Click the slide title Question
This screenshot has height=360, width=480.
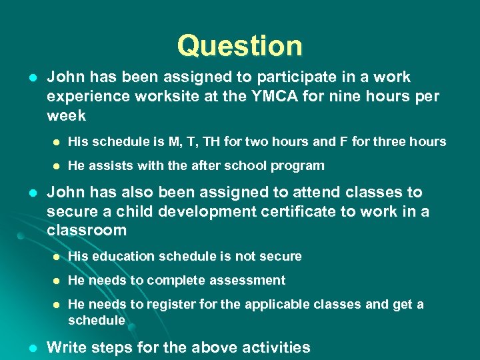click(239, 46)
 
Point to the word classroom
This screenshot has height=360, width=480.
click(87, 231)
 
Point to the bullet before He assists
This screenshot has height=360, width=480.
click(57, 166)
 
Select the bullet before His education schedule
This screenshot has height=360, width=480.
click(57, 257)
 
